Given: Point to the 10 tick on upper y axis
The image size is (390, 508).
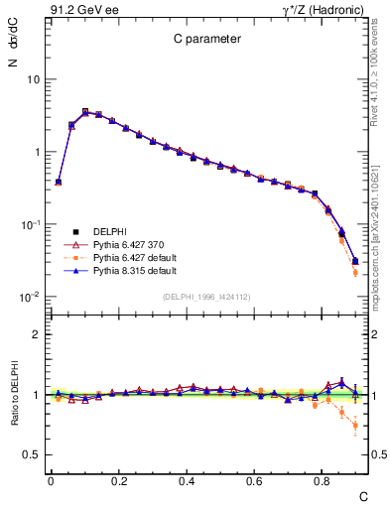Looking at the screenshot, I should pos(32,79).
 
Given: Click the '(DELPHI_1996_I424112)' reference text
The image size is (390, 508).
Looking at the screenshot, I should pos(205,296).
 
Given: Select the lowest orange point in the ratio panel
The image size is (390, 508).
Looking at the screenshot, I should pos(355,426).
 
